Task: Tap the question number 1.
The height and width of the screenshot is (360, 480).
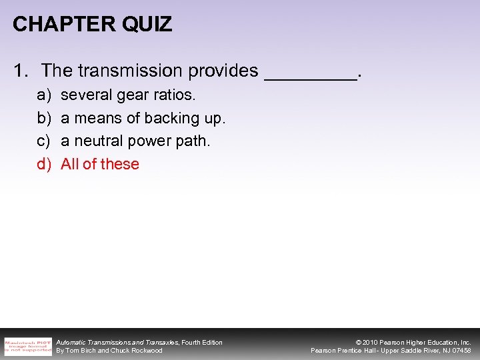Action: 19,70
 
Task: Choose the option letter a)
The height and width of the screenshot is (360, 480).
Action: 44,95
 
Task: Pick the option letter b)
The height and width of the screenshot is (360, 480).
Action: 44,118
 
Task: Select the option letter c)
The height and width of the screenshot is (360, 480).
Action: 44,141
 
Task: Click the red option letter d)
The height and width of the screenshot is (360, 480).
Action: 44,164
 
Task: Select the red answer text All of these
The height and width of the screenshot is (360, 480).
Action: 100,164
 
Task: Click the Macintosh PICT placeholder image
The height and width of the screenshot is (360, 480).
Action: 27,346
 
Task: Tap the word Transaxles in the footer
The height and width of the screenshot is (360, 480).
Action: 160,342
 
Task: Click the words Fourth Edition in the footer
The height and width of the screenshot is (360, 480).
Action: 202,342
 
